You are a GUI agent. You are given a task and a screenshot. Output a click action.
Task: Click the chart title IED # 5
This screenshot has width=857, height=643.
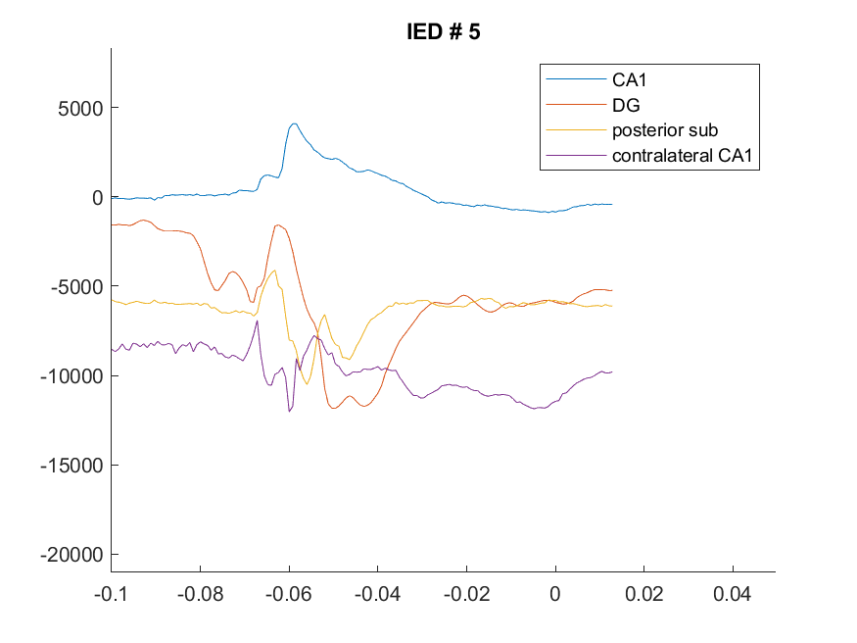[444, 31]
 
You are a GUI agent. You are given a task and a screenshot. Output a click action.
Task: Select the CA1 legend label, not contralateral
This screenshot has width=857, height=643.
[629, 79]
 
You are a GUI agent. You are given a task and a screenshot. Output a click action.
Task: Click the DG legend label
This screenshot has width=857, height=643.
[626, 105]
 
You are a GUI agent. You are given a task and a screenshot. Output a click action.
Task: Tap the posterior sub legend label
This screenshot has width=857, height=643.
[665, 130]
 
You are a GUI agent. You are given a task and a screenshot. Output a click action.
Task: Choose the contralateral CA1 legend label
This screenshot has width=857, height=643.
[682, 155]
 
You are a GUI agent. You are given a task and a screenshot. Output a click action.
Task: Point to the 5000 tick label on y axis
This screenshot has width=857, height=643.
[80, 108]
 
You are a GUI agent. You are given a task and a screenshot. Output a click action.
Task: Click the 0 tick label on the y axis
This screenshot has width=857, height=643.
[97, 197]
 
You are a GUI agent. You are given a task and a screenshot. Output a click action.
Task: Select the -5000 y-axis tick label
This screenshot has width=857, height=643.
[76, 286]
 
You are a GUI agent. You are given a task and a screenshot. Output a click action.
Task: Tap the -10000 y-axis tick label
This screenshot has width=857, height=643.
[71, 376]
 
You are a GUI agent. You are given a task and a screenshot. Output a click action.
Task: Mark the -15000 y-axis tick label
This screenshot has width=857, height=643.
[71, 466]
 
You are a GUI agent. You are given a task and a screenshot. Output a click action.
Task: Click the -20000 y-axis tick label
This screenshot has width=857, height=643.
[71, 555]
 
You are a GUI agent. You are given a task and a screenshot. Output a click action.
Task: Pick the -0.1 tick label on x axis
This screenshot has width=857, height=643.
[111, 594]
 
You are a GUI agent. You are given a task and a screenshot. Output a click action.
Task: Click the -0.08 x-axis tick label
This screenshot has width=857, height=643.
[200, 594]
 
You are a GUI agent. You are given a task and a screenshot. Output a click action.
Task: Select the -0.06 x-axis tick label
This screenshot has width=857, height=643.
[289, 594]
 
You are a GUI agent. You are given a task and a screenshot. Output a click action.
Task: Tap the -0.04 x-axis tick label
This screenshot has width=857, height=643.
[378, 594]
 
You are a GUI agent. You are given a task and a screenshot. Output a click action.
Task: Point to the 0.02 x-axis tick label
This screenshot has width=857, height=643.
[643, 594]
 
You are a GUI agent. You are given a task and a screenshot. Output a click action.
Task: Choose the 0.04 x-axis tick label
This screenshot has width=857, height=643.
[733, 594]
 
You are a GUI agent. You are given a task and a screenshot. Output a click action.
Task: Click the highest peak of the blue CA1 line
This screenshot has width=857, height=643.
[294, 124]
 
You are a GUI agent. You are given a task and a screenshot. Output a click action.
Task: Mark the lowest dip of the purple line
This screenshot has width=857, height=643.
[290, 411]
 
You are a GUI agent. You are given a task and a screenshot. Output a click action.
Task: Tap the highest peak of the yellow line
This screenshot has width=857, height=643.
[275, 271]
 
